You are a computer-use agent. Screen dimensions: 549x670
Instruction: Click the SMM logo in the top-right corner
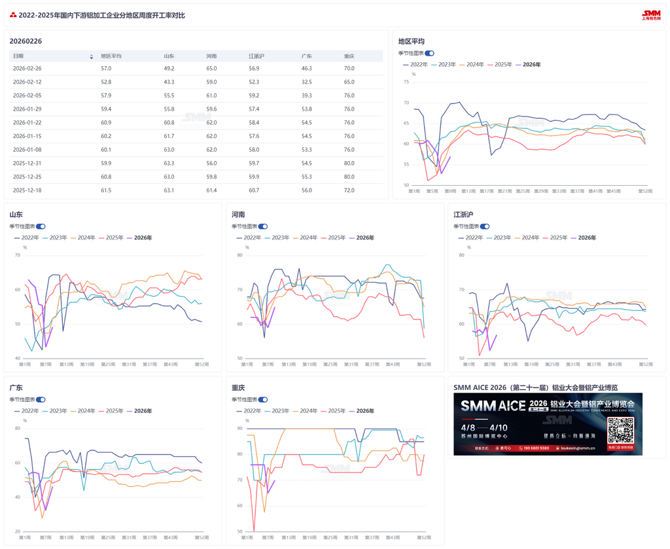tap(651, 14)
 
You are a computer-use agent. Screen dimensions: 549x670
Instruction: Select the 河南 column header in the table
tap(211, 56)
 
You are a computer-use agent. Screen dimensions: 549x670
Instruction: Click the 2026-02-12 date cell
tap(27, 82)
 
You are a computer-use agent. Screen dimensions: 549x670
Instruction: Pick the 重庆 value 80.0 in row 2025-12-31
tap(349, 163)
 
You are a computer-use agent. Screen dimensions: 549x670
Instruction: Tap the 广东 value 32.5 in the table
tap(306, 82)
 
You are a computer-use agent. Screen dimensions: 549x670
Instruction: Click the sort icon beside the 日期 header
tap(91, 57)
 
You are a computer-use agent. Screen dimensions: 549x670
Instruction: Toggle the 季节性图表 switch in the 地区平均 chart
tap(429, 53)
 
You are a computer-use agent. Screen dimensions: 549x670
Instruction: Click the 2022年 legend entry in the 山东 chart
tap(26, 238)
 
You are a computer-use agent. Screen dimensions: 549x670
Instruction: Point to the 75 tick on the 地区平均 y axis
tap(406, 82)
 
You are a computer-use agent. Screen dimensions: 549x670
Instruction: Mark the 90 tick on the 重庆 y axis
tap(239, 429)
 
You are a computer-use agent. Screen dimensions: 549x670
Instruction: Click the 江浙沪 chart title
tap(463, 215)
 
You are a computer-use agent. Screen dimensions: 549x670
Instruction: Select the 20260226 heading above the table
tap(26, 41)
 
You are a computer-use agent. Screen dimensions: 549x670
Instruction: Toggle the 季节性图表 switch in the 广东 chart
tap(41, 399)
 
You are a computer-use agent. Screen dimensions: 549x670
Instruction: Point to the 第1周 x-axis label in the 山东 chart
tap(26, 364)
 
